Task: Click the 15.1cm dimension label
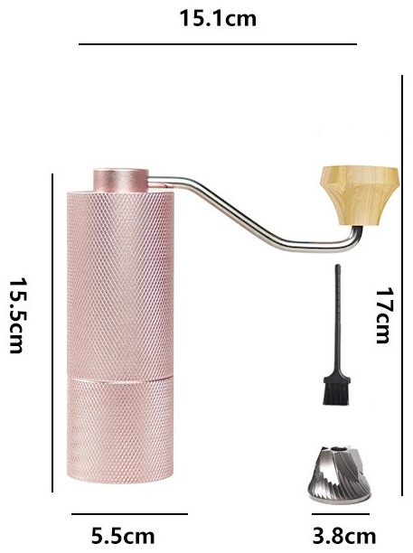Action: tap(218, 18)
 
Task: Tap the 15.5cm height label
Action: tap(16, 315)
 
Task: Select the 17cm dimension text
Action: tap(383, 315)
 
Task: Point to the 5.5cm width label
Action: tap(123, 536)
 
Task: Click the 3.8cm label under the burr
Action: tap(344, 536)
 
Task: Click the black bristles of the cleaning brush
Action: tap(337, 390)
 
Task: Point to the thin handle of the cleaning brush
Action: tap(337, 321)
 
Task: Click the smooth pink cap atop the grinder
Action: tap(121, 181)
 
